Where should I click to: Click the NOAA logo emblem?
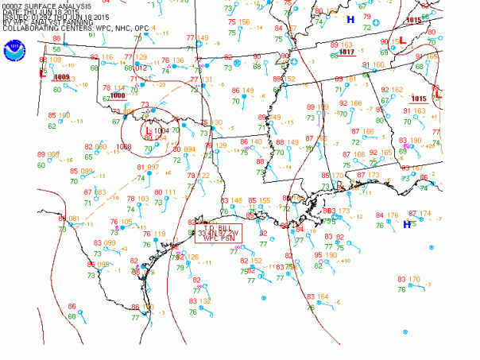(16, 48)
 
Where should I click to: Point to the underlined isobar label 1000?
(118, 95)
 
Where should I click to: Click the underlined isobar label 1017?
(346, 52)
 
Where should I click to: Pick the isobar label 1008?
(124, 147)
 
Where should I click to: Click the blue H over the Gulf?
(407, 224)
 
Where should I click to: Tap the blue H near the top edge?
(350, 19)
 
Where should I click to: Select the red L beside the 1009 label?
(42, 73)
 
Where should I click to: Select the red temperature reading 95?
(318, 255)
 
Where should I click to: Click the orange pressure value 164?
(323, 296)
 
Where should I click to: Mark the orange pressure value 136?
(179, 60)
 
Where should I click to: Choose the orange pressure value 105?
(126, 222)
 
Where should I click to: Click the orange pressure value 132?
(205, 301)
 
